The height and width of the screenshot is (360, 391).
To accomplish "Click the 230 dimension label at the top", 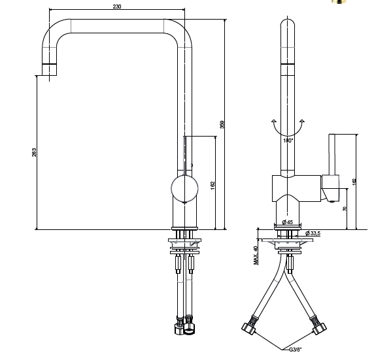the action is click(x=117, y=7).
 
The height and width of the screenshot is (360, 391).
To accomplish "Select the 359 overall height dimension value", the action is click(x=222, y=125).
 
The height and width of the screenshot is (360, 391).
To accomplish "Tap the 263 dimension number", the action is click(x=34, y=152).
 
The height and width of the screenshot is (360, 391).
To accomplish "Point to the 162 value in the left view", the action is click(x=212, y=186).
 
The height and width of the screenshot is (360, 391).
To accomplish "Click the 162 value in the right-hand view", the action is click(x=354, y=182).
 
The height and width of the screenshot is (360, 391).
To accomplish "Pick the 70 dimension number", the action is click(x=345, y=209).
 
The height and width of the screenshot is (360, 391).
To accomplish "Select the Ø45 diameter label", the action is click(x=288, y=222).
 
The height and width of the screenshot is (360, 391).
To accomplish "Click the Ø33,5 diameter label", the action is click(x=313, y=233).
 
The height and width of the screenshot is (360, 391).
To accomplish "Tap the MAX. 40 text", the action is click(x=256, y=255).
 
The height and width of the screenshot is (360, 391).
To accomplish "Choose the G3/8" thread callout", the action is click(x=296, y=350).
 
